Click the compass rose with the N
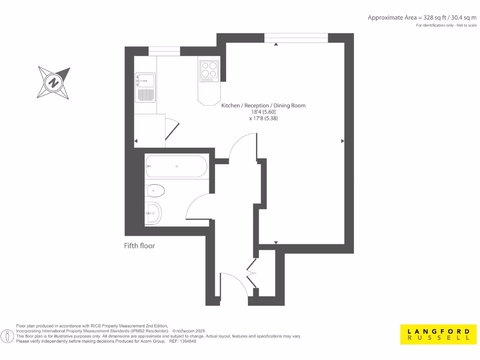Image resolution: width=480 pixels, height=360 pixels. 54,83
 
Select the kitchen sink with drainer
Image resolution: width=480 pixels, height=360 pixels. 145,87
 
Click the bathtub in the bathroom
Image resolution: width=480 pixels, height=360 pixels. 176,166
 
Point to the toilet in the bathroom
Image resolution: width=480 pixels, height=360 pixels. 156,191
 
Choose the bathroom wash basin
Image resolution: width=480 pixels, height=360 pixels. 153,213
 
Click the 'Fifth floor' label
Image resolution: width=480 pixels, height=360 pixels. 139,246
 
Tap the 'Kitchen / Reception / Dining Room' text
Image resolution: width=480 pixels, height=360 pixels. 263,105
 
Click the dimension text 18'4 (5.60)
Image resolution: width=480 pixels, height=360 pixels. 263,112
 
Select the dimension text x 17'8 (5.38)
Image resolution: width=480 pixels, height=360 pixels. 263,119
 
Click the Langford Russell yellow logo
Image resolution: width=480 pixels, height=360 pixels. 435,334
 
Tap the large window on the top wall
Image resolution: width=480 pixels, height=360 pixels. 296,38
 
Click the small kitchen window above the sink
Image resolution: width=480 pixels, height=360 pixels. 164,51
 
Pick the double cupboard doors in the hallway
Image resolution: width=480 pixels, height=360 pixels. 252,273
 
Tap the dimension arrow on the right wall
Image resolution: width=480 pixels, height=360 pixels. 343,141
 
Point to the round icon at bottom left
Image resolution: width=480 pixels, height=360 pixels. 7,336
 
